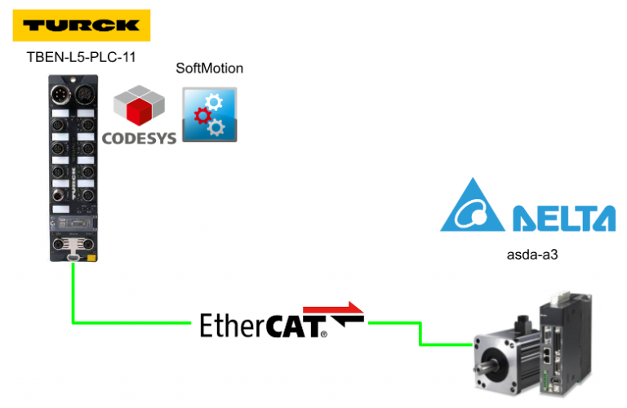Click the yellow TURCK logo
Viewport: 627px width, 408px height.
tap(82, 25)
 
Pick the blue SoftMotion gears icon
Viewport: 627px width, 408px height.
tap(210, 115)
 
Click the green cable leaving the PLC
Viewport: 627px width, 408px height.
tap(73, 294)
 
